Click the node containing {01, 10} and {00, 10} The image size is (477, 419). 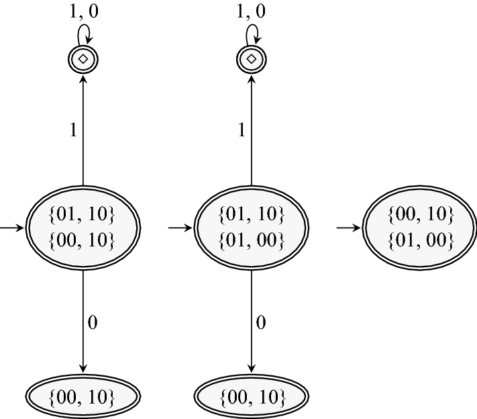tap(83, 228)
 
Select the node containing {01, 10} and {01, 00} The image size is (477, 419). tap(252, 228)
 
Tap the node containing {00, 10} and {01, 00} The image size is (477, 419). tap(420, 228)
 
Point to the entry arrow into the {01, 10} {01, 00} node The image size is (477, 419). tap(180, 228)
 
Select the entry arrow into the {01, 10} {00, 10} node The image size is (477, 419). tap(11, 228)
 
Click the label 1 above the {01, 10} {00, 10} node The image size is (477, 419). tap(73, 130)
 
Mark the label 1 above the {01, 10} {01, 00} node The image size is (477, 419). tap(242, 130)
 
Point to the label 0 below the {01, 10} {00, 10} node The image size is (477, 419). tap(93, 323)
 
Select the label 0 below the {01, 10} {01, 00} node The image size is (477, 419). tap(262, 323)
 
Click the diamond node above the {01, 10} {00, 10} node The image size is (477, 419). tap(83, 59)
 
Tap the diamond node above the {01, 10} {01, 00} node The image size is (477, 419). tap(252, 59)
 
